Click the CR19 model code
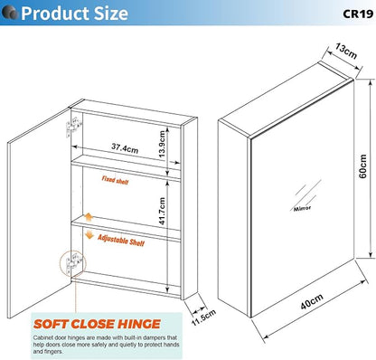[x=358, y=14]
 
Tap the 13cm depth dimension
[x=346, y=51]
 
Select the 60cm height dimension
[x=363, y=166]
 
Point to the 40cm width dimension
[x=312, y=301]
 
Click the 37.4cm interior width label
[x=125, y=147]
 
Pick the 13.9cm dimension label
[x=162, y=144]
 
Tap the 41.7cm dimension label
[x=162, y=211]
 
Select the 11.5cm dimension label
[x=204, y=317]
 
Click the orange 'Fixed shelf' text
[x=115, y=180]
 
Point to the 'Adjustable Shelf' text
[x=121, y=241]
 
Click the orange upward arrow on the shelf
[x=89, y=217]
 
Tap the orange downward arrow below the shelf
[x=89, y=234]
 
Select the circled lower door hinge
[x=73, y=263]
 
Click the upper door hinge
[x=73, y=128]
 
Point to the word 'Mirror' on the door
[x=302, y=208]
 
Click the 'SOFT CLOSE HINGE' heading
[x=97, y=324]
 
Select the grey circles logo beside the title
[x=10, y=13]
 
